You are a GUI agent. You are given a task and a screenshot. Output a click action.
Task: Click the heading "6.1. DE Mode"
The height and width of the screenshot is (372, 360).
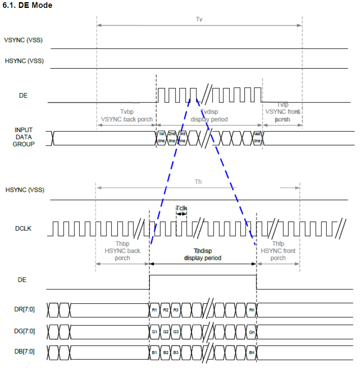[x=28, y=5]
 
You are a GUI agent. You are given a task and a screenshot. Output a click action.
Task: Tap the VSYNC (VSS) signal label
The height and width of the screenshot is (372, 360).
[x=23, y=41]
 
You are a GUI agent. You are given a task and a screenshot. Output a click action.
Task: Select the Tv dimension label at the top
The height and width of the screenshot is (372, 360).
[x=199, y=19]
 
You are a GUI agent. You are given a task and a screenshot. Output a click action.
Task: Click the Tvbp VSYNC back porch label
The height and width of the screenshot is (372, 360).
[x=127, y=116]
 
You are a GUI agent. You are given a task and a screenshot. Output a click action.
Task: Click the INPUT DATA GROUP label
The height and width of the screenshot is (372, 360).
[x=24, y=137]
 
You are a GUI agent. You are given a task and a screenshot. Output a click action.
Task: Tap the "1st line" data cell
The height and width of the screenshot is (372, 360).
[x=162, y=137]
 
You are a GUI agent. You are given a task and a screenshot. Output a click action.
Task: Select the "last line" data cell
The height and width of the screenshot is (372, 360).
[x=257, y=137]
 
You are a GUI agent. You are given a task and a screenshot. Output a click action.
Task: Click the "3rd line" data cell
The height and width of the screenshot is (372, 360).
[x=182, y=137]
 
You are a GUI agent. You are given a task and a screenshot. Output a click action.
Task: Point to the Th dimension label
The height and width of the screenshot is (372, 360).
[x=198, y=182]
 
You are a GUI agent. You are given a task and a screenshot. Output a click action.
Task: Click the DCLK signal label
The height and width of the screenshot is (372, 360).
[x=24, y=228]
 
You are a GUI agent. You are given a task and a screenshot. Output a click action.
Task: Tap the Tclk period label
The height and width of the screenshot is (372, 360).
[x=181, y=209]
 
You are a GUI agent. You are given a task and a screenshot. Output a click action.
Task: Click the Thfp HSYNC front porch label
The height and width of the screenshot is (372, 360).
[x=278, y=251]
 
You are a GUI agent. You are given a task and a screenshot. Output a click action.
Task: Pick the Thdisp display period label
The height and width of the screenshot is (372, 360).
[x=203, y=254]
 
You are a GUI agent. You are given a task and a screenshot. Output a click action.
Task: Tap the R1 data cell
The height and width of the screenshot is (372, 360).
[x=155, y=309]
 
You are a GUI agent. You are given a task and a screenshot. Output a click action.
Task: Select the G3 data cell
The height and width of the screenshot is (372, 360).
[x=176, y=331]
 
